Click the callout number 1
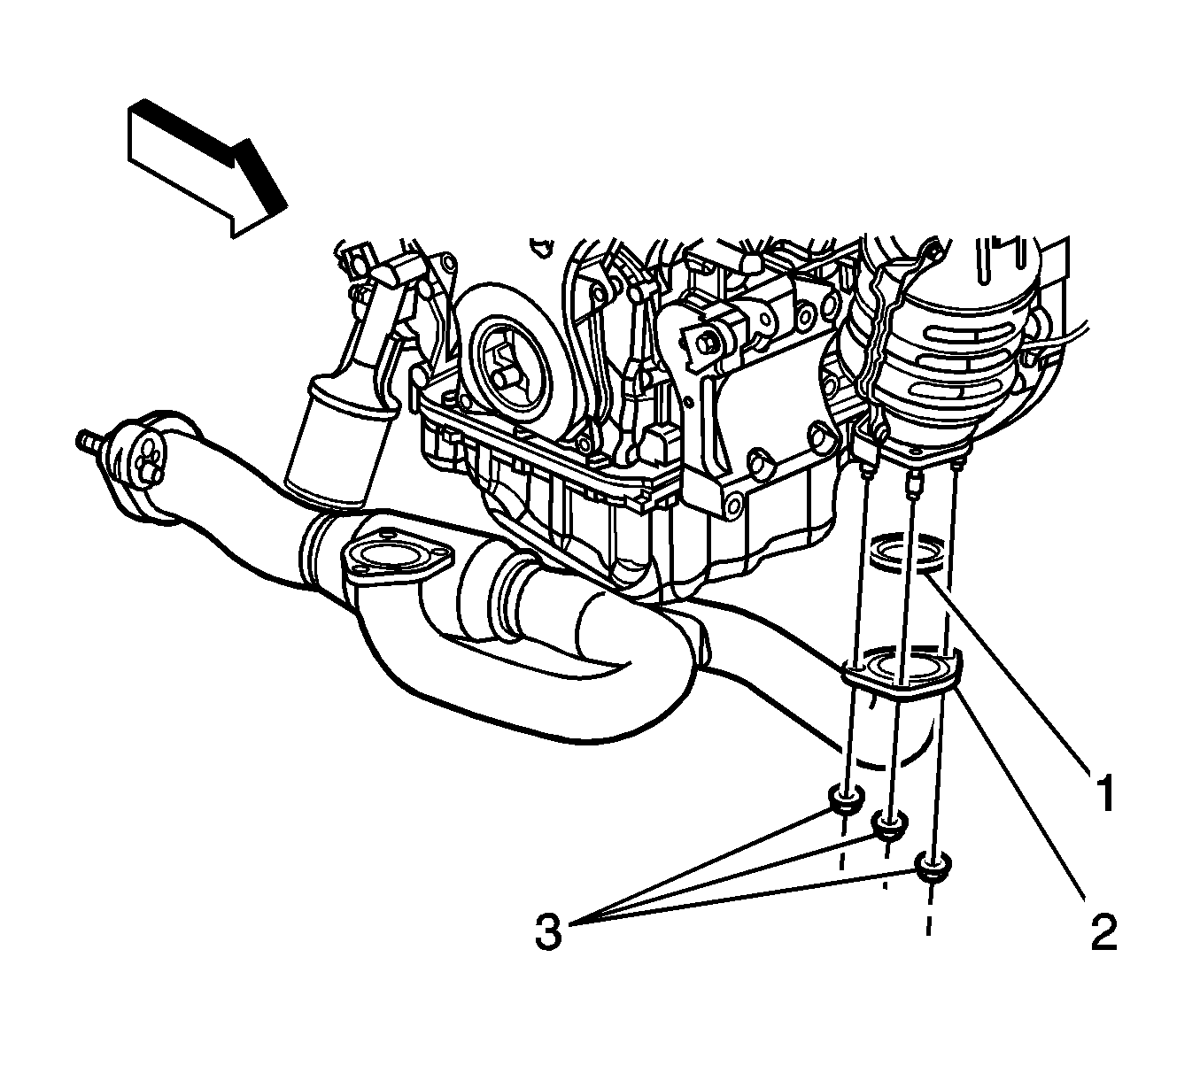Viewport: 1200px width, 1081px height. point(1104,792)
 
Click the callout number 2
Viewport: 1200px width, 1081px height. point(1103,931)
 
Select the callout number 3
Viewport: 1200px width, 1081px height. point(548,931)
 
